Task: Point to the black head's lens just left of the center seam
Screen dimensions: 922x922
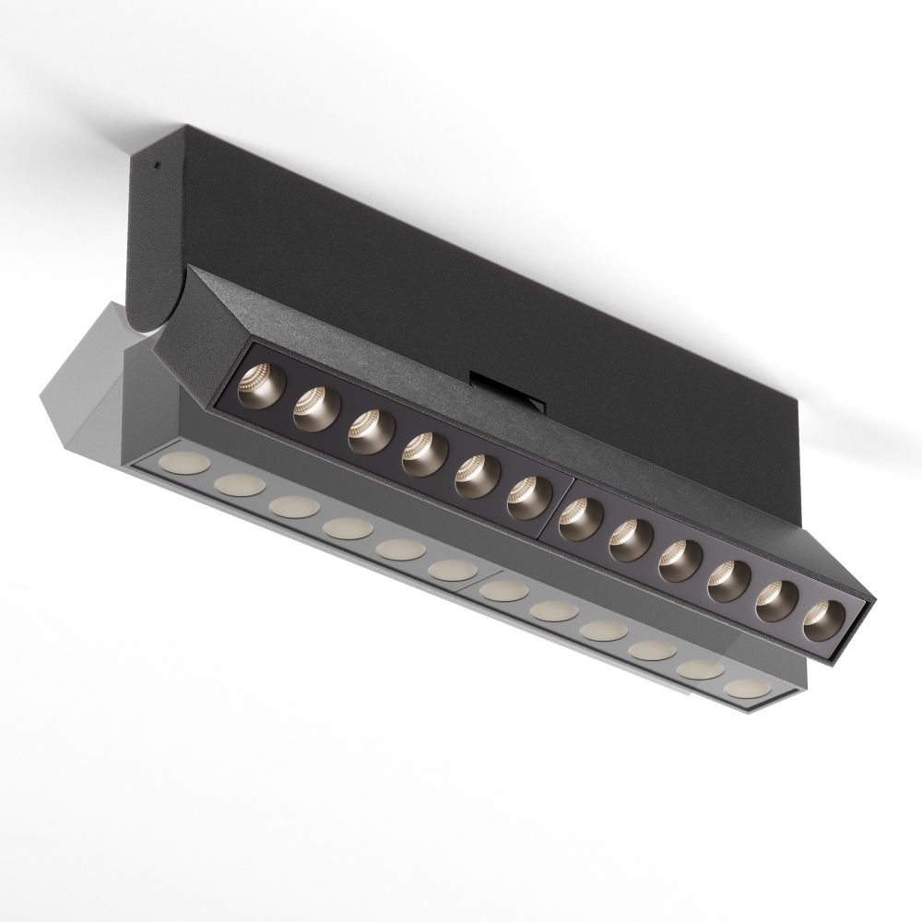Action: tap(529, 497)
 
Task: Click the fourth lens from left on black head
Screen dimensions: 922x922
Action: tap(423, 452)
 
